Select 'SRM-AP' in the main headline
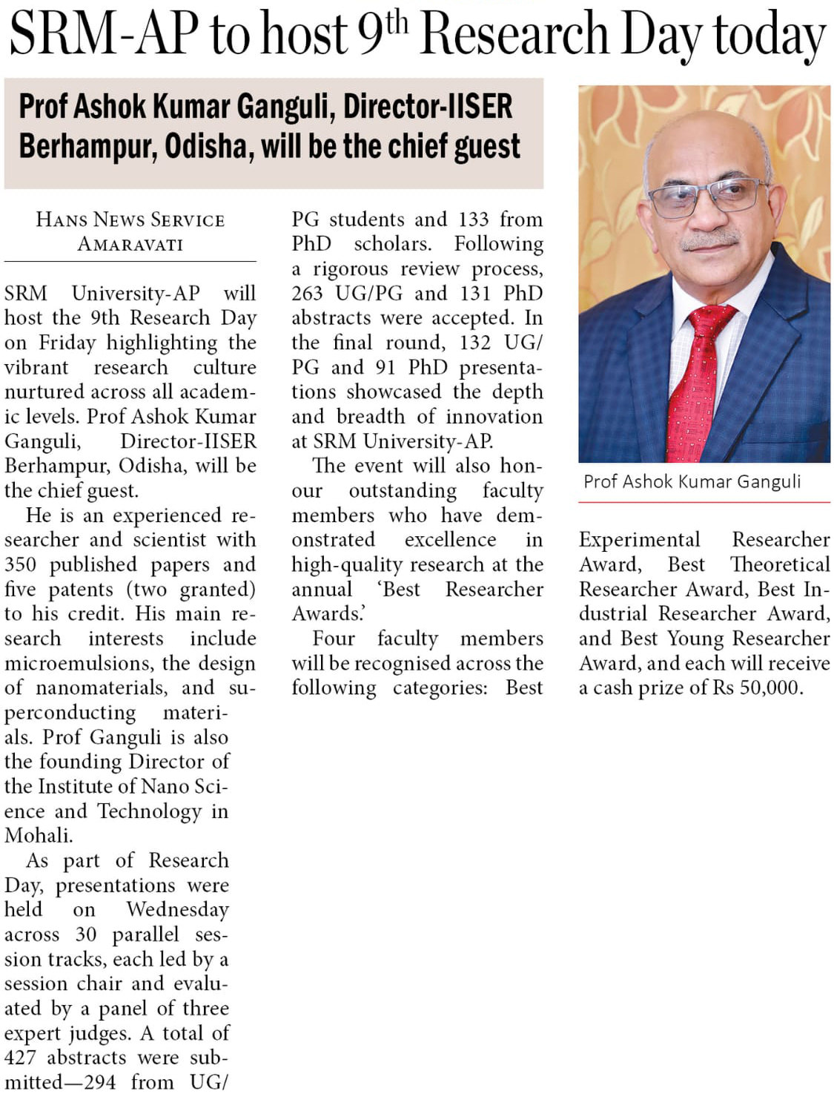[x=104, y=36]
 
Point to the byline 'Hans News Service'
[x=130, y=220]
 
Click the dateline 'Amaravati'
[x=130, y=244]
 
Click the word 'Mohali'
[x=38, y=835]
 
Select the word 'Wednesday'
[x=177, y=909]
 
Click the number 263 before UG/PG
[x=307, y=293]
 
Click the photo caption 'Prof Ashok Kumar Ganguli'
[x=692, y=481]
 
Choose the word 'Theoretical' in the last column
[x=780, y=564]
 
